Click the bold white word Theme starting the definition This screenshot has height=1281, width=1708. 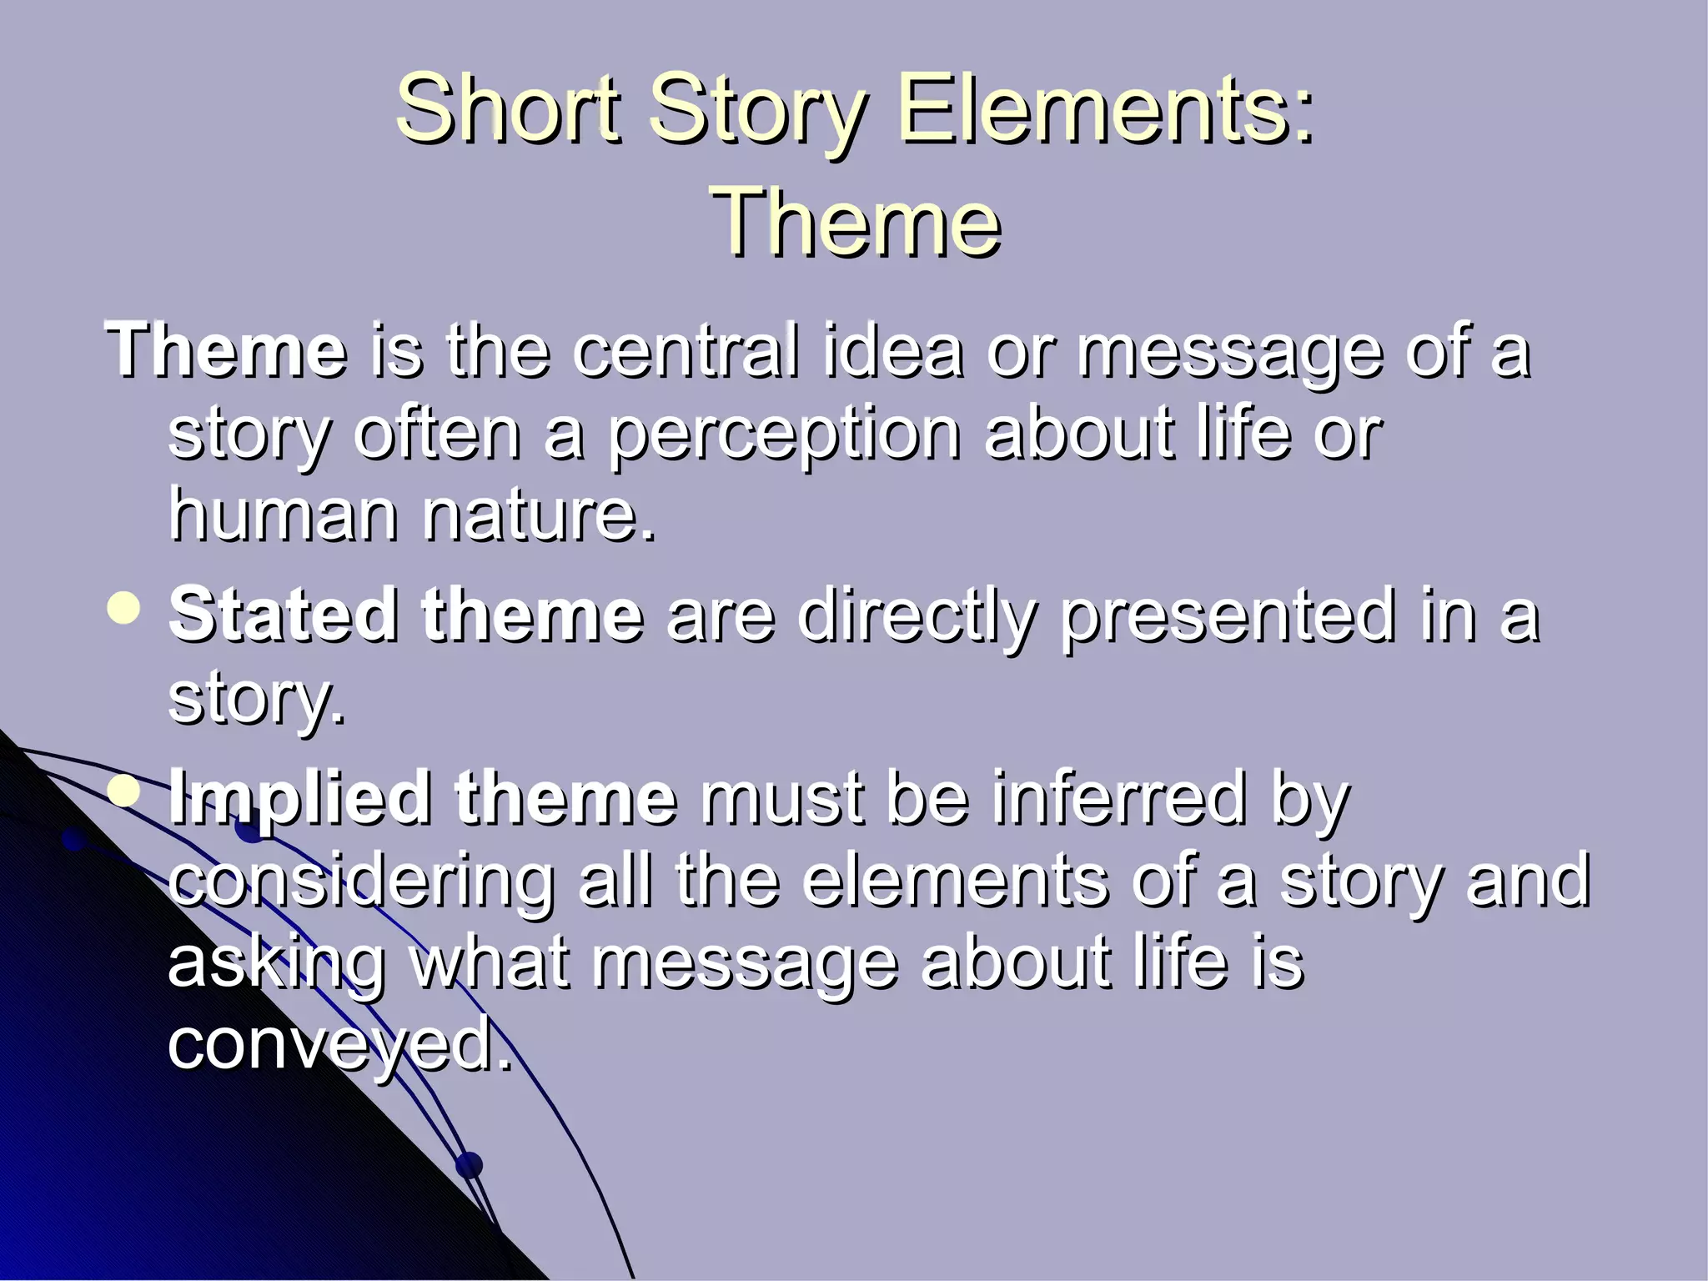(x=226, y=350)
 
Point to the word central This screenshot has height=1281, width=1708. (x=686, y=350)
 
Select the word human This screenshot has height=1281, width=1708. (x=284, y=514)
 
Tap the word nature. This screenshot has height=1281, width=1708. (x=539, y=514)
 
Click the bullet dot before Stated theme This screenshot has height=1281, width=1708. (x=125, y=608)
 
